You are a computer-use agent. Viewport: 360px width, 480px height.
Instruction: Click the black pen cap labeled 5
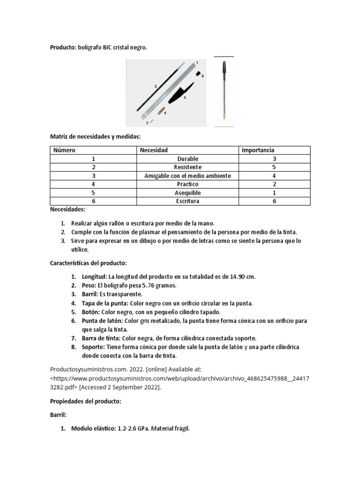[x=178, y=93]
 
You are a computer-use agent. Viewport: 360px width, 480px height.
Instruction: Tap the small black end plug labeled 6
[x=199, y=74]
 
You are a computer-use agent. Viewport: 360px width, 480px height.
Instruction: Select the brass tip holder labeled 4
[x=161, y=111]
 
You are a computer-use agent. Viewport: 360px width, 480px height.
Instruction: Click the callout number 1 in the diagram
[x=197, y=62]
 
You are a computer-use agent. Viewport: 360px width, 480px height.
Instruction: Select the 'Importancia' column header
[x=258, y=150]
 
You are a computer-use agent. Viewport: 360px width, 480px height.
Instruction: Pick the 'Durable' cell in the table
[x=187, y=159]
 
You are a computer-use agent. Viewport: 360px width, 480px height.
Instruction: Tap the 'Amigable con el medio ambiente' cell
[x=187, y=176]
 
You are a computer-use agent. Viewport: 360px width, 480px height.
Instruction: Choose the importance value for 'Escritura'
[x=274, y=201]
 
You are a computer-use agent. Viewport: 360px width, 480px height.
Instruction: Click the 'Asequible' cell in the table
[x=187, y=193]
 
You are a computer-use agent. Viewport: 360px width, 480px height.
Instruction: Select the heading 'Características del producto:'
[x=88, y=263]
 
